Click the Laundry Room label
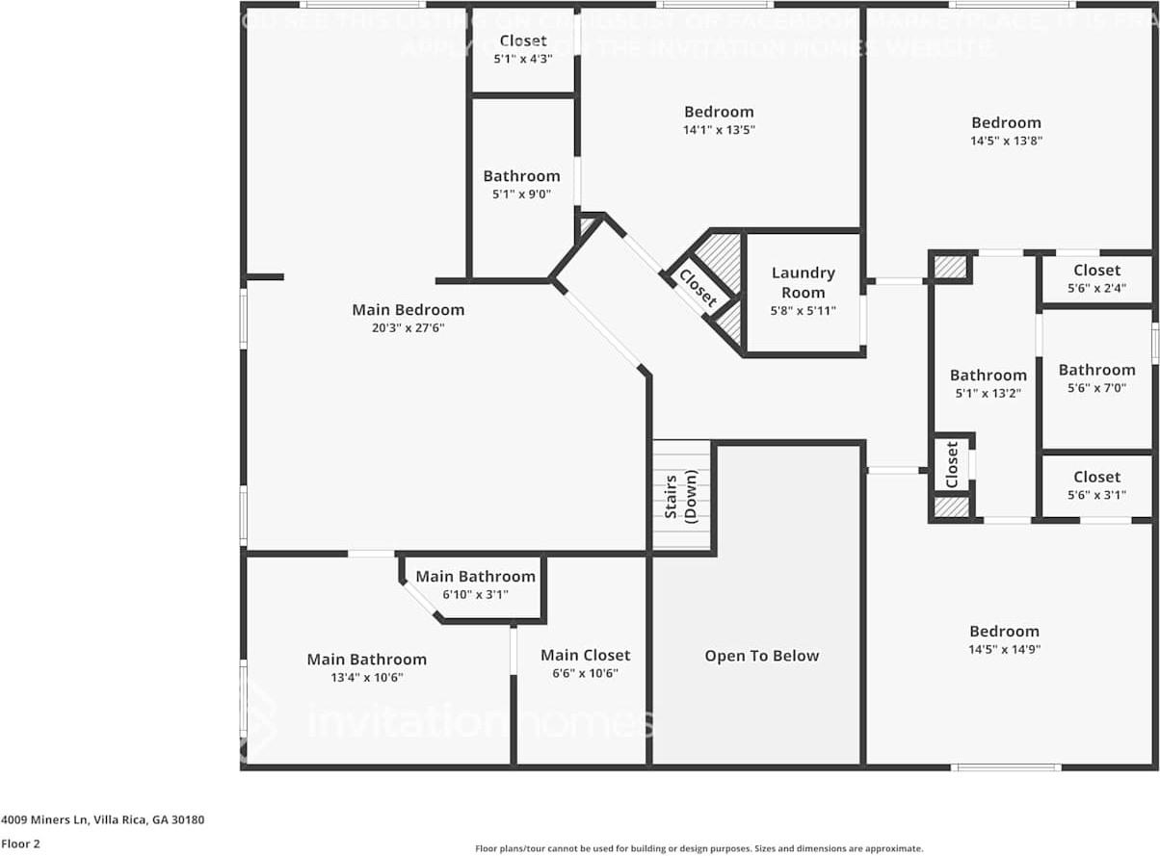(x=803, y=282)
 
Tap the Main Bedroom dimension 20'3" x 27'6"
(x=408, y=328)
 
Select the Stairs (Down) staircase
(x=681, y=495)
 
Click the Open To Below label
(x=761, y=656)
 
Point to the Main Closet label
(x=585, y=655)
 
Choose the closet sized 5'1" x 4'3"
(x=523, y=48)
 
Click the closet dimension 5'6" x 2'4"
(x=1096, y=288)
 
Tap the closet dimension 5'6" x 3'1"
(x=1096, y=495)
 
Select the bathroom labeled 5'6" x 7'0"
(x=1096, y=377)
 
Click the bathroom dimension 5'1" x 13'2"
(x=988, y=393)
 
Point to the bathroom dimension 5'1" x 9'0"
(x=521, y=194)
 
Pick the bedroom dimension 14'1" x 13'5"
(x=719, y=129)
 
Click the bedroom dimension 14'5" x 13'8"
(x=1006, y=141)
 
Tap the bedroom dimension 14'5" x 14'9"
(x=1004, y=649)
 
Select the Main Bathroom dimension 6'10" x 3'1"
(x=475, y=595)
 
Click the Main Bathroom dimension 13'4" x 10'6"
(x=366, y=677)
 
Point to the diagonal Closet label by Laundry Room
(x=698, y=288)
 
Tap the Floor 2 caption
(x=20, y=843)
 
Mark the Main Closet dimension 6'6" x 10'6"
(x=585, y=673)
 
